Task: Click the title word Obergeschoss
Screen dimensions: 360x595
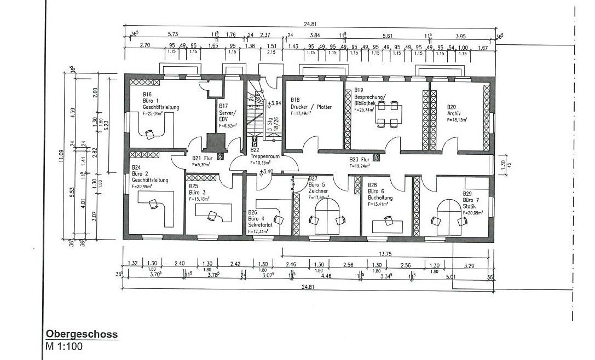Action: pos(82,334)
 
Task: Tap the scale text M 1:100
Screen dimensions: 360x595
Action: pos(64,346)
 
